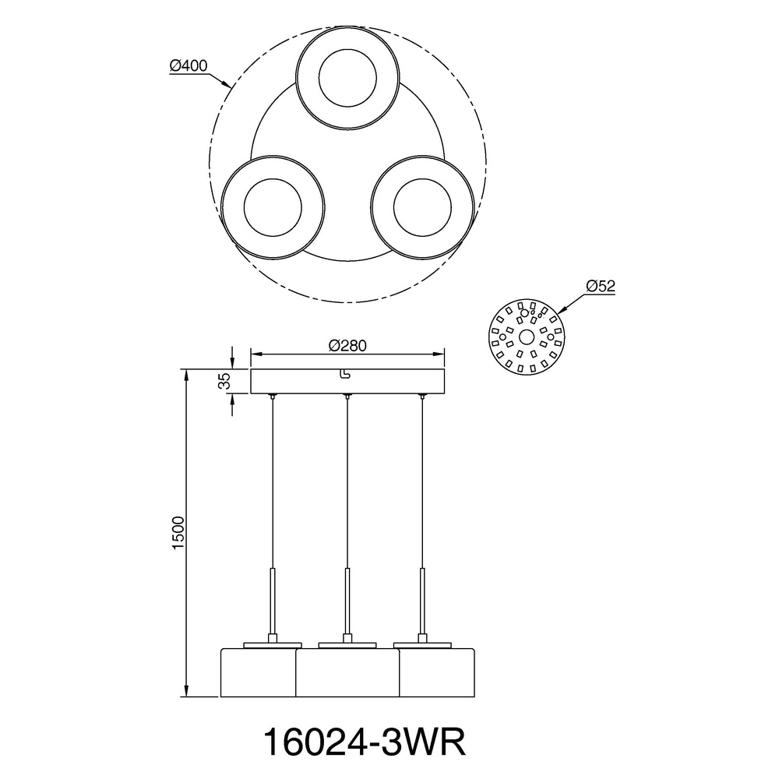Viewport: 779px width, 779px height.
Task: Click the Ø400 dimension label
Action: click(189, 65)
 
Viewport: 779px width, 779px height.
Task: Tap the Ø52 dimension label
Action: click(600, 286)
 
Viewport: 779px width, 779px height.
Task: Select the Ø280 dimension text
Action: click(347, 345)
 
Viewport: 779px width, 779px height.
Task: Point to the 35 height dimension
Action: click(224, 381)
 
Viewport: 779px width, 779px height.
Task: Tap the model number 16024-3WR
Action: click(364, 742)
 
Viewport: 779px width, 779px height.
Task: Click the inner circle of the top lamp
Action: click(347, 77)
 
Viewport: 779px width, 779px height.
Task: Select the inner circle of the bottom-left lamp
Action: click(273, 208)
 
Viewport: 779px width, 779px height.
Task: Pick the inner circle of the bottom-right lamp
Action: click(422, 208)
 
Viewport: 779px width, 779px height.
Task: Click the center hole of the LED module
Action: click(527, 337)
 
